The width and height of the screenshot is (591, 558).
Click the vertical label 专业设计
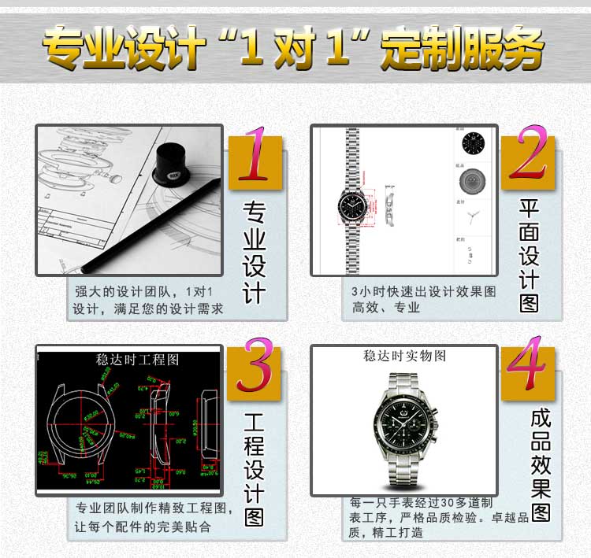(x=254, y=251)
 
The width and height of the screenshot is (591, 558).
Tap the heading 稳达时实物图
(x=404, y=357)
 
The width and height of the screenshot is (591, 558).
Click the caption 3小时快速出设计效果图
(x=424, y=291)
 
